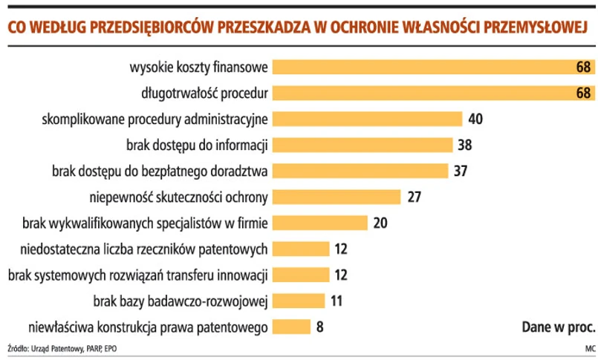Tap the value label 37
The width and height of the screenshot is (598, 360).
pos(461,171)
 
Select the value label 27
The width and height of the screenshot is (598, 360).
pos(415,197)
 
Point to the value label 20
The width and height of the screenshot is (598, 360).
pos(381,223)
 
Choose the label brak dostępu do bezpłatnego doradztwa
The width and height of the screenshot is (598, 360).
pos(160,171)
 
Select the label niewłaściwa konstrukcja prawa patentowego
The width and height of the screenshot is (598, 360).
pos(147,327)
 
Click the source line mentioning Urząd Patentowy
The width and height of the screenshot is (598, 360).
pos(63,348)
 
